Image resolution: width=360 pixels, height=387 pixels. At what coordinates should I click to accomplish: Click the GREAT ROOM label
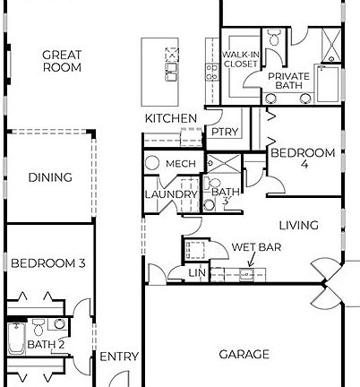(62, 61)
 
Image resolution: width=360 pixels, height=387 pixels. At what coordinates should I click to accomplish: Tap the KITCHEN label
(171, 118)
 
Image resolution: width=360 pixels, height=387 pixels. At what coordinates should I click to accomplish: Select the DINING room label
(49, 177)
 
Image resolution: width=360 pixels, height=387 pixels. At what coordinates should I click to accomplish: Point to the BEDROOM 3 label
(48, 262)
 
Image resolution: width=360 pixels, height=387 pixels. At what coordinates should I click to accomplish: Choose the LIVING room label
(299, 226)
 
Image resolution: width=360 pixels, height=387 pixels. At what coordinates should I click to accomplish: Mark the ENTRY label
(118, 357)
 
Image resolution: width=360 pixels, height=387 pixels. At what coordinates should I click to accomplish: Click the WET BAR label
(253, 246)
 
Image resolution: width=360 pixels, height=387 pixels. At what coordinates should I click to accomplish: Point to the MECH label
(181, 164)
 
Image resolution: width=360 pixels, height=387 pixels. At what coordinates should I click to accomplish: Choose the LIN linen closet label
(197, 272)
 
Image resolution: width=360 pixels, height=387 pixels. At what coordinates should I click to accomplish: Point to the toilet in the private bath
(276, 37)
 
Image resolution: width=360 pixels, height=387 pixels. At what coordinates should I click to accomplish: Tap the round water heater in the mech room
(152, 164)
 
